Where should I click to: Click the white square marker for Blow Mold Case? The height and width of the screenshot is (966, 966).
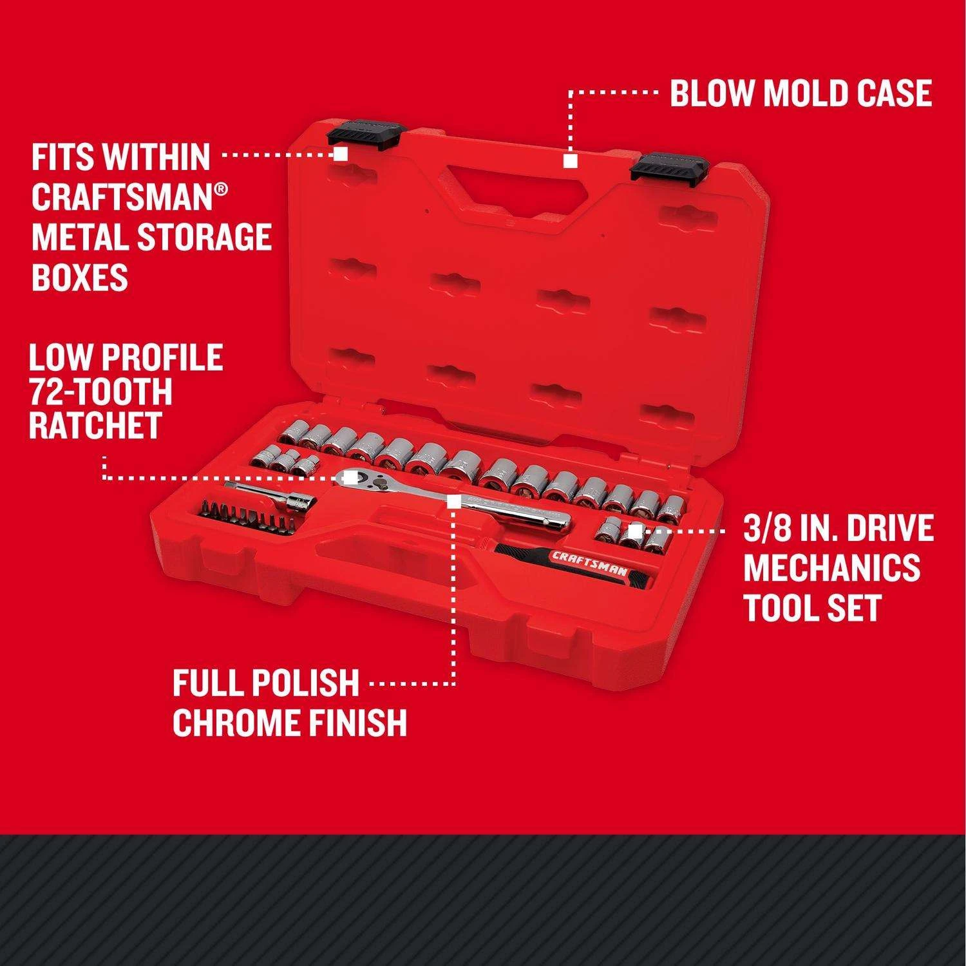tap(569, 161)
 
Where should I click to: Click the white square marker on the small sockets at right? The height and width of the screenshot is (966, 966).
tap(635, 531)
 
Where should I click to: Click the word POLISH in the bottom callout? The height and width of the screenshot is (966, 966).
tap(307, 683)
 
